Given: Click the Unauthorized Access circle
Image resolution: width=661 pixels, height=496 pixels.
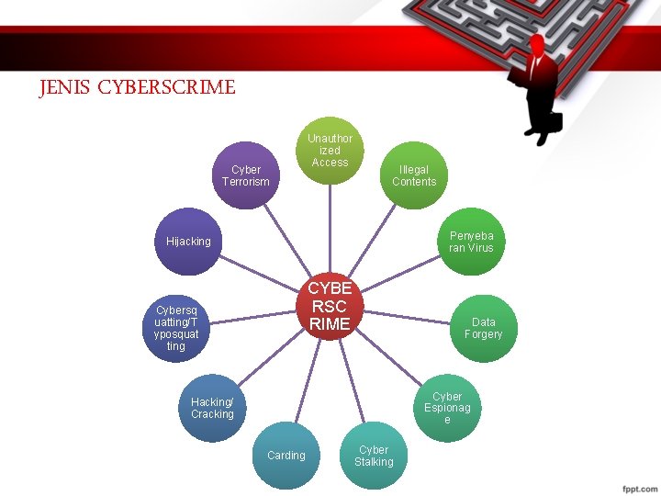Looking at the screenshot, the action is [330, 150].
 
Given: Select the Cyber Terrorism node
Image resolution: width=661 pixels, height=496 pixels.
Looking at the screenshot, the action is [245, 175].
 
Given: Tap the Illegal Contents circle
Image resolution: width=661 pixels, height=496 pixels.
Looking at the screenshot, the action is [414, 175].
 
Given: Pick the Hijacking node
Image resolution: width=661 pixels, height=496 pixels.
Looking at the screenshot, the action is [188, 242].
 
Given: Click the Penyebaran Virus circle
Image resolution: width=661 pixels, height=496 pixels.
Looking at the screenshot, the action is [471, 242].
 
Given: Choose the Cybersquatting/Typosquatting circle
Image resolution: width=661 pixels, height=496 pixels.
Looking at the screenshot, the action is [176, 328].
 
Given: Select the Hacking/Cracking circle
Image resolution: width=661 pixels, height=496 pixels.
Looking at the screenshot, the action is [212, 408].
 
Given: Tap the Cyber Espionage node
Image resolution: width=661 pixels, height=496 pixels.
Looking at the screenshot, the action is [447, 408].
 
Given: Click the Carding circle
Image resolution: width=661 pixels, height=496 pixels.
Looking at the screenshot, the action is [286, 455].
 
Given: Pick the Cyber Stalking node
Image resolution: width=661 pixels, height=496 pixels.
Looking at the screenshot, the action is [374, 455].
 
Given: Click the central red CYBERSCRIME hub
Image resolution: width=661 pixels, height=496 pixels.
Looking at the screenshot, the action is [330, 307].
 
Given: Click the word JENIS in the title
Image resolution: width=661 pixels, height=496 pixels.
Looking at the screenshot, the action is [65, 88].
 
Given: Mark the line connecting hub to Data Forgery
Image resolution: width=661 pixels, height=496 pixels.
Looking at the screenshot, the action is [409, 318].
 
